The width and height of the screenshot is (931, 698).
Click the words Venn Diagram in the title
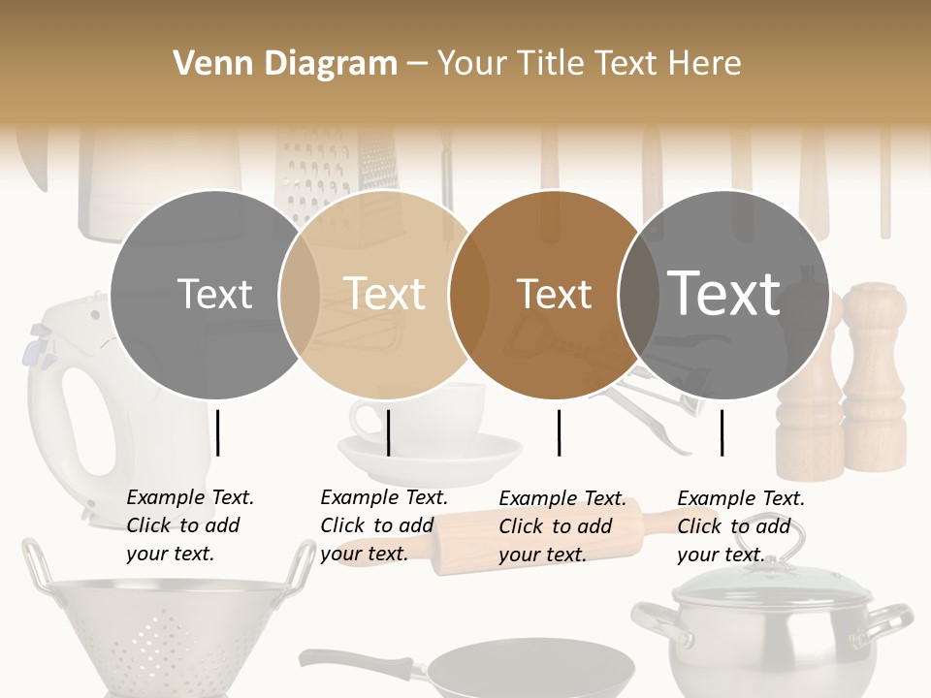coord(285,64)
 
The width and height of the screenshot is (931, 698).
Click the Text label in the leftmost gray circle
coord(215,295)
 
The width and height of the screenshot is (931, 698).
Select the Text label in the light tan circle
coord(385,294)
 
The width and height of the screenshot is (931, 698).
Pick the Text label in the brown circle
coord(555,295)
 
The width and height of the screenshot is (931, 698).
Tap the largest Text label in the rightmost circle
coord(723,293)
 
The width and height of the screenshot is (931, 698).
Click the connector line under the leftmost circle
coord(218,432)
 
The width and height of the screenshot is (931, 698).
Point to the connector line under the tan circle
coord(388,432)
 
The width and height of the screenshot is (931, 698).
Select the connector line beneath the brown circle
coord(560,432)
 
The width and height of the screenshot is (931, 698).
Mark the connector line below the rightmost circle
coord(722,432)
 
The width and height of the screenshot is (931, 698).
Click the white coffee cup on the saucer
coord(427,412)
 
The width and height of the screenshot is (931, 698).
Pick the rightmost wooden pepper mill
coord(873,388)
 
